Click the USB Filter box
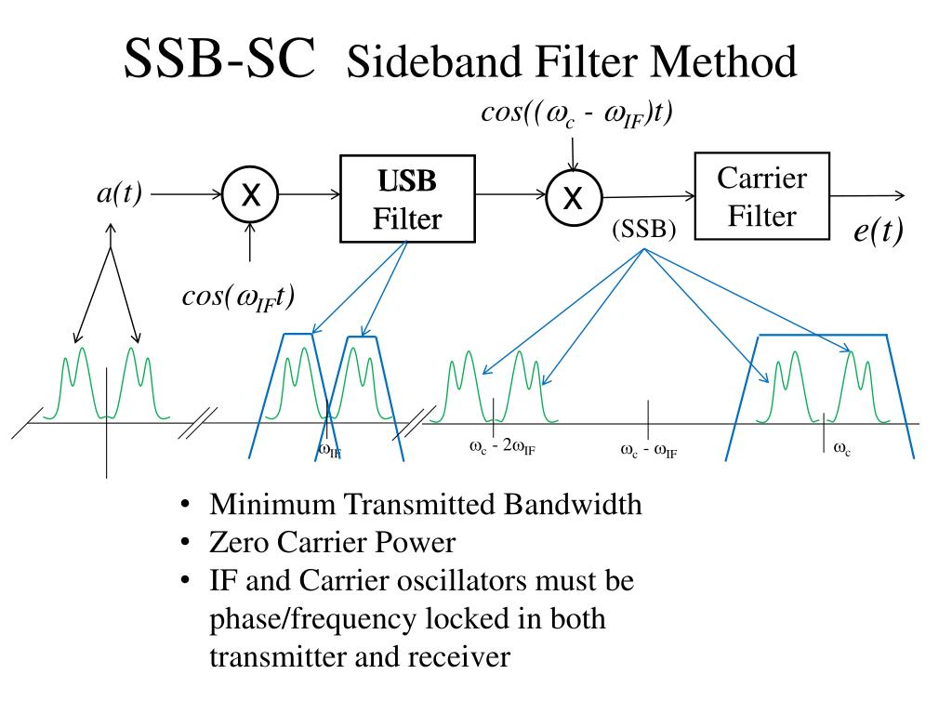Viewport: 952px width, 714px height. (x=407, y=199)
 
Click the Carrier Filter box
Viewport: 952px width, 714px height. (x=762, y=196)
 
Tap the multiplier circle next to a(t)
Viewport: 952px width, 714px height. (x=250, y=195)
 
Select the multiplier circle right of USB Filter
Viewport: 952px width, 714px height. (x=574, y=197)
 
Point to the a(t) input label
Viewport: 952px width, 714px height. (x=119, y=193)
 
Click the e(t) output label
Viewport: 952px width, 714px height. (x=879, y=231)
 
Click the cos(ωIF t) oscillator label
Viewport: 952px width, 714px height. (x=239, y=298)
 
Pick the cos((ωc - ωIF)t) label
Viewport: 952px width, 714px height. (x=576, y=114)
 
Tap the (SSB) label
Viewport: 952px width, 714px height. (x=644, y=229)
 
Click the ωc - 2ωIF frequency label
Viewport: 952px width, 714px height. (x=502, y=447)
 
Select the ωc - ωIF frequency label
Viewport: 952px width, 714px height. (x=648, y=451)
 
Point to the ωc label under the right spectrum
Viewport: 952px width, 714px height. (x=842, y=449)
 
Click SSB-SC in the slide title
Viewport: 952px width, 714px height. (x=219, y=59)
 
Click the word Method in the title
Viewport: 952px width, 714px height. (x=723, y=61)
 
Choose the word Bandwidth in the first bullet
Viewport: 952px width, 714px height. (x=573, y=505)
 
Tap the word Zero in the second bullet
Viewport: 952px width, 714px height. (x=239, y=543)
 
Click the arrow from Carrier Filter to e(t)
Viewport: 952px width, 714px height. (x=867, y=195)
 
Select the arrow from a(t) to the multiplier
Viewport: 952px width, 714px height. (x=186, y=194)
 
